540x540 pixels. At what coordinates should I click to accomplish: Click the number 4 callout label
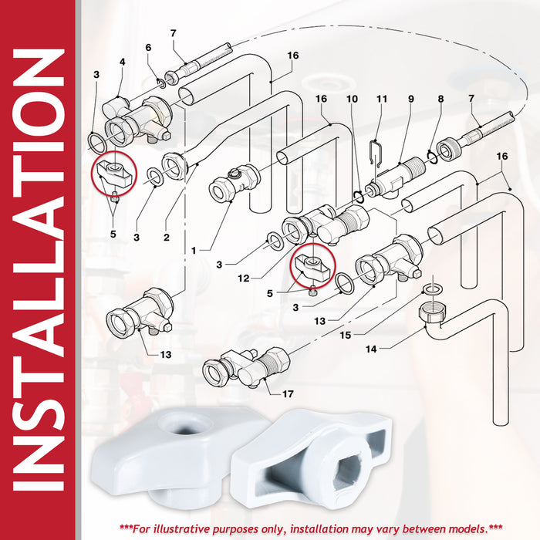click(x=123, y=62)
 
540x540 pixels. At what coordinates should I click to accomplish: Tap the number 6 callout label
click(x=148, y=48)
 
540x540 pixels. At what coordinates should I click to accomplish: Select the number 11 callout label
click(x=382, y=100)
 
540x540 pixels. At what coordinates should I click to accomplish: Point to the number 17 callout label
click(x=288, y=394)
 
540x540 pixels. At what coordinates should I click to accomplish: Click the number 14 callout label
click(x=371, y=349)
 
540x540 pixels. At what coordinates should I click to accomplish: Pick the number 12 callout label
click(x=244, y=278)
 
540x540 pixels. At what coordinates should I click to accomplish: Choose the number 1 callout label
click(x=194, y=251)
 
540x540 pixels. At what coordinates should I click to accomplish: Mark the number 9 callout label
click(x=411, y=100)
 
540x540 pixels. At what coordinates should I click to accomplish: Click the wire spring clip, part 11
click(x=376, y=154)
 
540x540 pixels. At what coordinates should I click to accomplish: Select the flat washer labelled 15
click(x=430, y=289)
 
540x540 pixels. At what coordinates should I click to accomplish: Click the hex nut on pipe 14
click(x=433, y=312)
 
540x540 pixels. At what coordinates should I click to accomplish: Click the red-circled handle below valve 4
click(x=113, y=174)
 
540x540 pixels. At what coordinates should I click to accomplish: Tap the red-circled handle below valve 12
click(x=312, y=265)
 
